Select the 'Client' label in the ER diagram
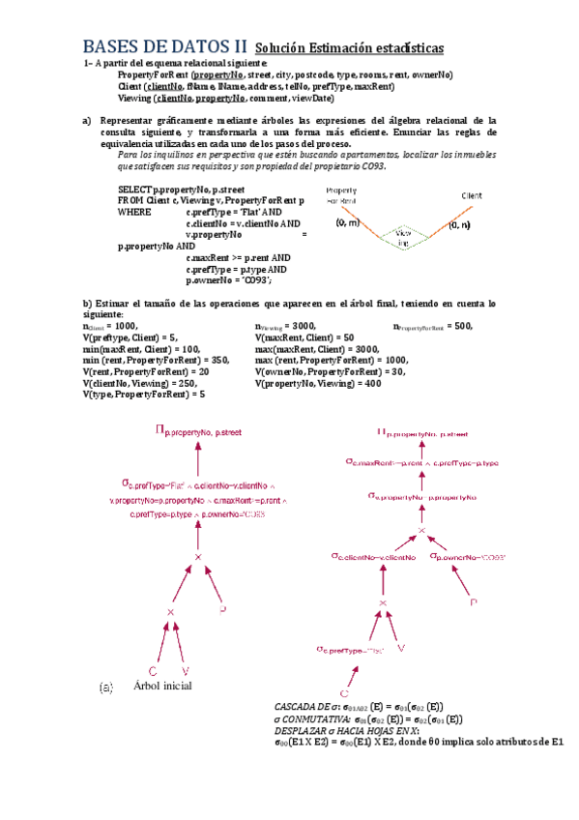(472, 195)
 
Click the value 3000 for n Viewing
(304, 327)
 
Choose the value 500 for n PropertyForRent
(463, 327)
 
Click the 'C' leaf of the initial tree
(152, 670)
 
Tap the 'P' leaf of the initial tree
(221, 610)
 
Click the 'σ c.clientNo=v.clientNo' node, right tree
(373, 557)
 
